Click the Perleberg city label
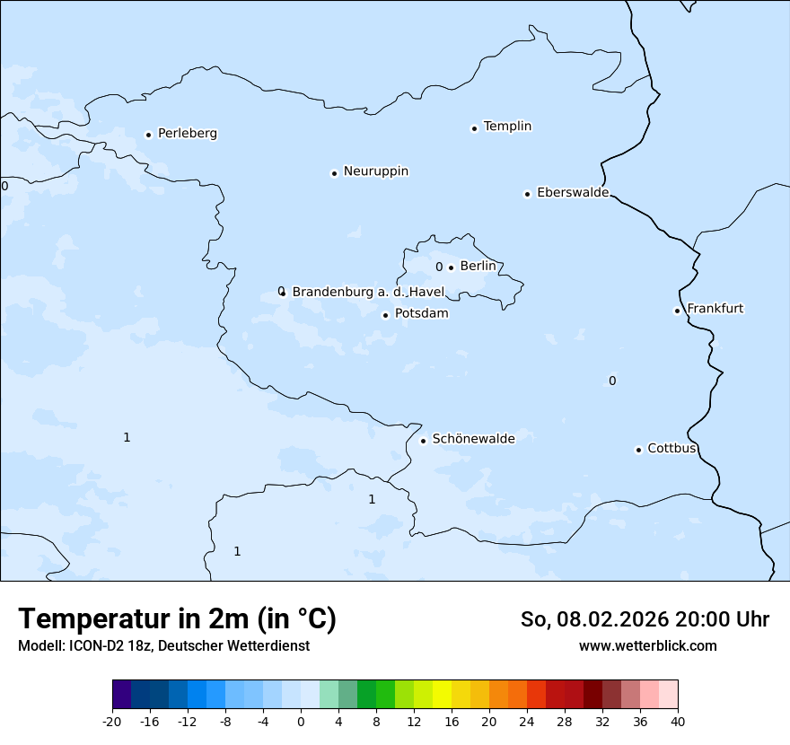tap(187, 134)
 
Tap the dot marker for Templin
tap(474, 128)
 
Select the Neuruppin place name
tap(375, 171)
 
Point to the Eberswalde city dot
tap(528, 194)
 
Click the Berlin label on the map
tap(478, 267)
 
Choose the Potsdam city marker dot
tap(386, 315)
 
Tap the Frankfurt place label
tap(715, 309)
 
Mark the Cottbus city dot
tap(638, 450)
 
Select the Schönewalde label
tap(473, 439)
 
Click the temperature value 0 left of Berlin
tap(439, 267)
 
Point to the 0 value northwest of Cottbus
tap(612, 381)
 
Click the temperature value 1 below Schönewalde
tap(372, 500)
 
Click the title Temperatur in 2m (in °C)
tap(177, 618)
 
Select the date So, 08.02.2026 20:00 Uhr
tap(645, 619)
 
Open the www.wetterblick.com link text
tap(647, 646)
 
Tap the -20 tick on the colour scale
tap(112, 721)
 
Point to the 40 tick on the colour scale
tap(678, 721)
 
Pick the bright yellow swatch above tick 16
tap(442, 695)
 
